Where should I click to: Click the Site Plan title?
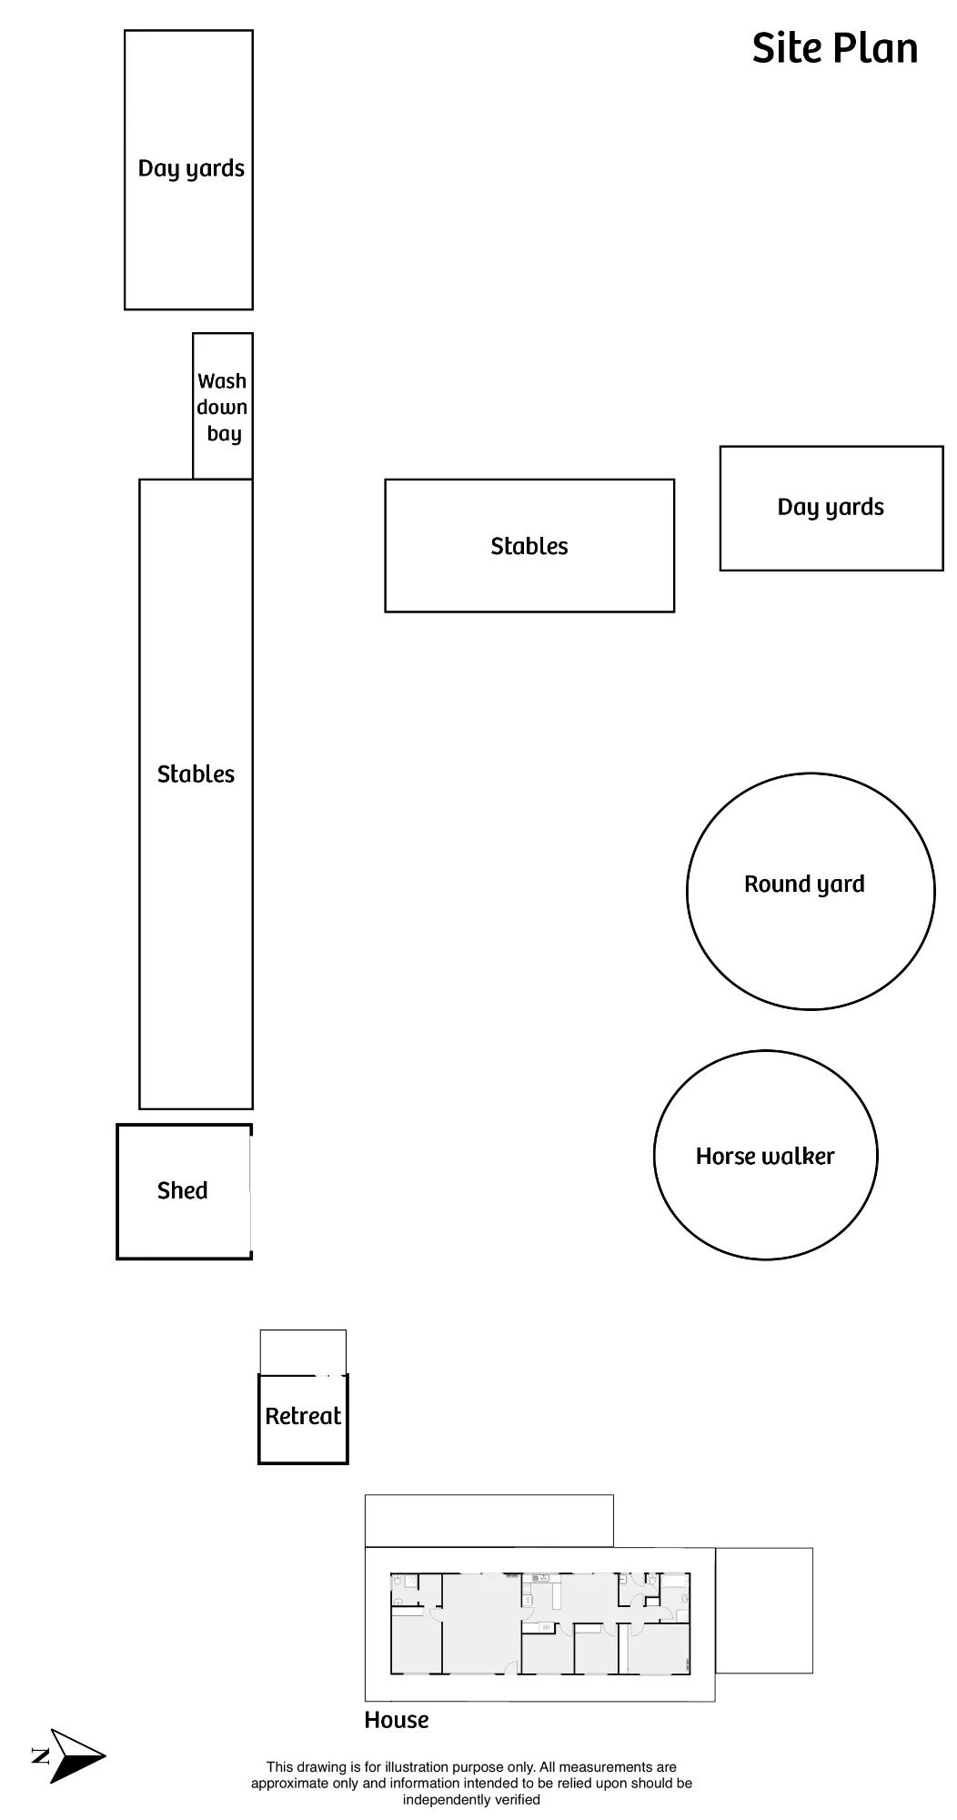[834, 49]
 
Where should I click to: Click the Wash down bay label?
[223, 407]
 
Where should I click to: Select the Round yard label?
[804, 885]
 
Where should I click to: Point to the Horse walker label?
[765, 1156]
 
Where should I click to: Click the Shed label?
[183, 1190]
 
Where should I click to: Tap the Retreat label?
[303, 1416]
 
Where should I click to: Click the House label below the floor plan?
[397, 1720]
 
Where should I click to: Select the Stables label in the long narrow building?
[196, 774]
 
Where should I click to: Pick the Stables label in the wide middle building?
[529, 546]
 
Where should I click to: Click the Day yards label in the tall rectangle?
[191, 169]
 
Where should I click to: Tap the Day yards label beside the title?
[831, 508]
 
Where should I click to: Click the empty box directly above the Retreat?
[303, 1352]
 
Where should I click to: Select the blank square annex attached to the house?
[764, 1611]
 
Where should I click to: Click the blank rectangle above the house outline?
[489, 1521]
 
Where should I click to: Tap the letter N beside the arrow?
[41, 1755]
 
